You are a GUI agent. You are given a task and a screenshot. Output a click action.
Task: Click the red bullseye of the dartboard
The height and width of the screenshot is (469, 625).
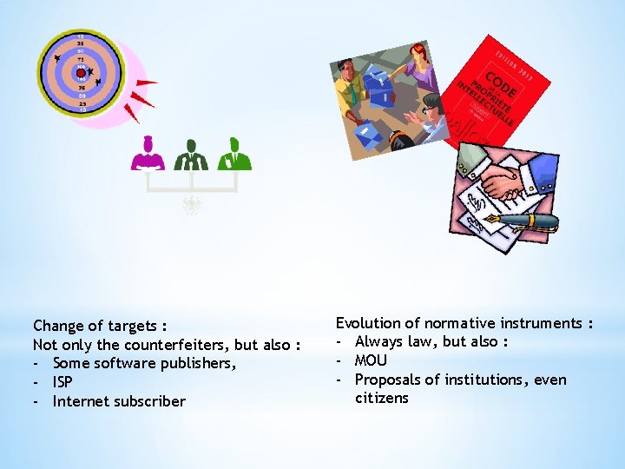pyautogui.click(x=81, y=73)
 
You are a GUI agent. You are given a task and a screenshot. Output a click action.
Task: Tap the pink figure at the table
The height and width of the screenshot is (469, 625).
pyautogui.click(x=148, y=155)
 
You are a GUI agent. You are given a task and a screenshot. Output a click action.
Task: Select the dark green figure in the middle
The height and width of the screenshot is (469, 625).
pyautogui.click(x=191, y=155)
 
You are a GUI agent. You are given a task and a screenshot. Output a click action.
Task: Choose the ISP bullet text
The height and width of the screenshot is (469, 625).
pyautogui.click(x=62, y=382)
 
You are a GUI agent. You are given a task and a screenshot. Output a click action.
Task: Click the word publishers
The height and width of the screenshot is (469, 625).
pyautogui.click(x=195, y=363)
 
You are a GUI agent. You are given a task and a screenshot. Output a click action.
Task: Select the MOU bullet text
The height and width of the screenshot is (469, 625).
pyautogui.click(x=371, y=360)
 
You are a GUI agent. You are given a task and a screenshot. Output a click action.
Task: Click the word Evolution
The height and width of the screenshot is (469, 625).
pyautogui.click(x=367, y=323)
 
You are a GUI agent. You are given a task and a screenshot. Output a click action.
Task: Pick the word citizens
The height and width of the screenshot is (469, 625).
pyautogui.click(x=381, y=399)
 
